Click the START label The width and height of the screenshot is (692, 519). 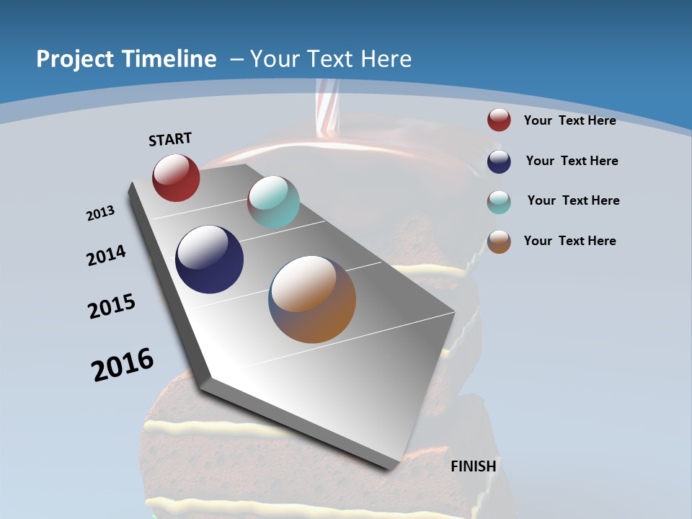pyautogui.click(x=170, y=138)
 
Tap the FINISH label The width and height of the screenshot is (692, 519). pyautogui.click(x=473, y=466)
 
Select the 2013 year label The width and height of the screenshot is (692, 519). pyautogui.click(x=100, y=213)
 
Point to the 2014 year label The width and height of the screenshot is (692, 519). pyautogui.click(x=106, y=256)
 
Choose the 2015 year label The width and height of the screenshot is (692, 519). pyautogui.click(x=112, y=306)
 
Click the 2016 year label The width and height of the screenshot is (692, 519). pyautogui.click(x=123, y=364)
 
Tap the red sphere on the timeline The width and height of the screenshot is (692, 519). pyautogui.click(x=176, y=177)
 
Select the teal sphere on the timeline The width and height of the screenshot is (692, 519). pyautogui.click(x=273, y=201)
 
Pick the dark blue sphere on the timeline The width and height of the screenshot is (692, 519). pyautogui.click(x=209, y=259)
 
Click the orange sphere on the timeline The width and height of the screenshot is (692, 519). pyautogui.click(x=312, y=298)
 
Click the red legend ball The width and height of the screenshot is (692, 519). pyautogui.click(x=499, y=120)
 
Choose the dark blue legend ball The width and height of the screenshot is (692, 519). pyautogui.click(x=499, y=161)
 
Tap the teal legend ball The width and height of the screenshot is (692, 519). pyautogui.click(x=499, y=201)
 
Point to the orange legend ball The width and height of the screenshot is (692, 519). pyautogui.click(x=499, y=241)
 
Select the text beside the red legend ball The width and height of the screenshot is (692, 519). pyautogui.click(x=569, y=120)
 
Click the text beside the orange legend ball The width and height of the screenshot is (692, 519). pyautogui.click(x=569, y=241)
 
